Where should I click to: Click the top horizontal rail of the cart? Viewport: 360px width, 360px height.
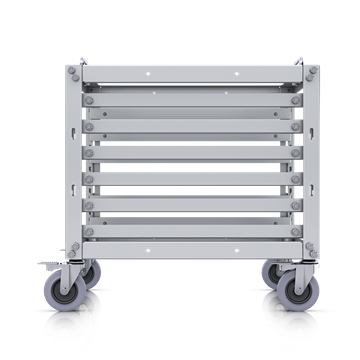180,73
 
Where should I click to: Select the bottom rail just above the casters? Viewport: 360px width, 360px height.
180,244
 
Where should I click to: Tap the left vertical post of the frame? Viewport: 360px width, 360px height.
73,160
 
